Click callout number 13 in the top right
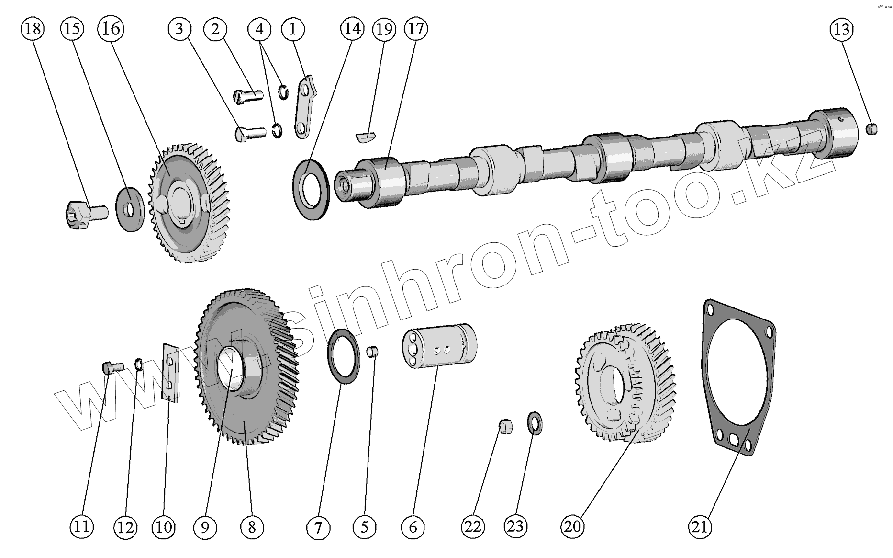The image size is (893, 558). tap(841, 30)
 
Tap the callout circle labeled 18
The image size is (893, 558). tap(32, 29)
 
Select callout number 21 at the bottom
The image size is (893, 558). tap(700, 527)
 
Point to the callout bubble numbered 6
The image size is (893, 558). tap(413, 527)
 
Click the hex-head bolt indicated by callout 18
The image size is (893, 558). tap(84, 214)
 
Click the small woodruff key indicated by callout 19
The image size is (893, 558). tap(367, 135)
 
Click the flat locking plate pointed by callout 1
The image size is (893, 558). tap(305, 107)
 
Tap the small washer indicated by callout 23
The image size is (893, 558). tap(535, 423)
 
